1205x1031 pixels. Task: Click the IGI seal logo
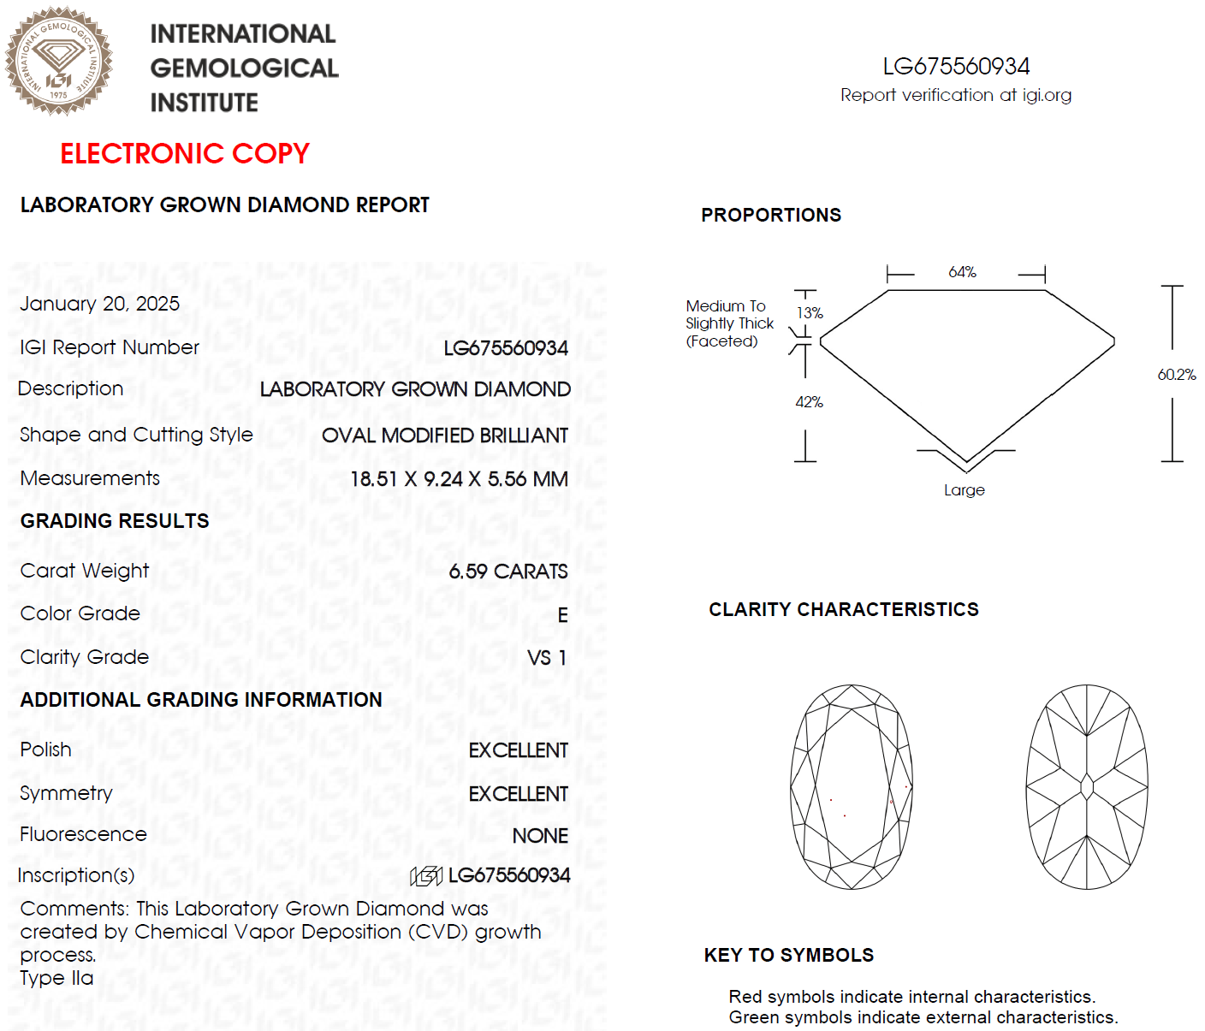(x=58, y=61)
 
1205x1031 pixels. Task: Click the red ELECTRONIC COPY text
(x=184, y=153)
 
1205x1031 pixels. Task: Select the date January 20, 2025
(x=99, y=304)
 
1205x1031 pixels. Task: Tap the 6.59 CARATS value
(x=508, y=572)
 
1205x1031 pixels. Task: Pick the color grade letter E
(x=562, y=615)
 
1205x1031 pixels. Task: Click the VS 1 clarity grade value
(x=547, y=658)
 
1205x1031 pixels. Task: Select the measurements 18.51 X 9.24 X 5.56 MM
(x=459, y=479)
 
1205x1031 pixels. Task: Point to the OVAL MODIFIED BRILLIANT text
(x=444, y=436)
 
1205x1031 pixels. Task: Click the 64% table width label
(x=962, y=272)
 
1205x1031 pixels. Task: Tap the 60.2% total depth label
(x=1177, y=375)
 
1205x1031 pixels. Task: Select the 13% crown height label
(x=810, y=313)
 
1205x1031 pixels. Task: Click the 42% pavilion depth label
(x=809, y=402)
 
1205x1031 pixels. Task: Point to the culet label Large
(x=964, y=490)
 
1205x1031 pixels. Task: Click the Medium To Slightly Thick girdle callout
(x=728, y=323)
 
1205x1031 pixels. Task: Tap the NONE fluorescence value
(x=540, y=836)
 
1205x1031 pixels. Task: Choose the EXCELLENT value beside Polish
(x=518, y=750)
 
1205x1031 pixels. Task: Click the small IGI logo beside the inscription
(x=426, y=875)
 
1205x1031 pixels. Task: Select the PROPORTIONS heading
(x=770, y=215)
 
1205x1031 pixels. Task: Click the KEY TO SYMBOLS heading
(x=788, y=955)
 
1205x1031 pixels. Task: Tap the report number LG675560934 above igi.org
(x=956, y=66)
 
